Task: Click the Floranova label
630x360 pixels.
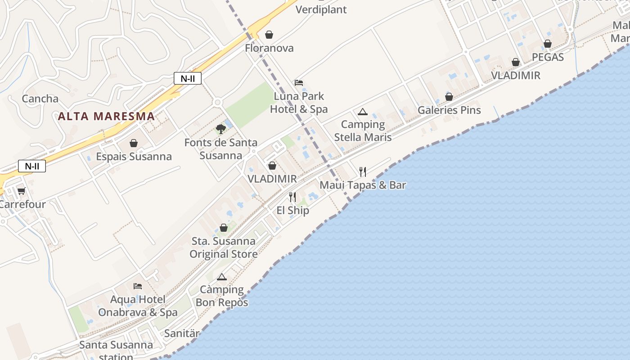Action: [x=269, y=48]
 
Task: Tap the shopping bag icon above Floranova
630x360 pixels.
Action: [x=269, y=35]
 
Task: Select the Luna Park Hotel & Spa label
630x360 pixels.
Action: [x=299, y=103]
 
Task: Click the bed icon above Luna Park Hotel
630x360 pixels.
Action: [x=299, y=83]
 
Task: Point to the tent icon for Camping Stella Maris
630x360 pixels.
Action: [x=363, y=112]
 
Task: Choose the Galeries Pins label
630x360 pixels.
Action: [x=449, y=110]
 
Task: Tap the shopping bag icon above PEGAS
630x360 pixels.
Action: [x=548, y=44]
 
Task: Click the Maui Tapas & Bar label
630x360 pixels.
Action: [x=363, y=185]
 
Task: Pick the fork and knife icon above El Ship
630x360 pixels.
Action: [x=292, y=197]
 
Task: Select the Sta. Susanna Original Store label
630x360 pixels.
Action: [x=223, y=247]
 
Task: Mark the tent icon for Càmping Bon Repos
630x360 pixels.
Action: [x=221, y=277]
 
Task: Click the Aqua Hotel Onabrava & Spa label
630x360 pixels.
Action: [x=138, y=306]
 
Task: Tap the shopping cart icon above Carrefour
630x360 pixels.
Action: [x=21, y=191]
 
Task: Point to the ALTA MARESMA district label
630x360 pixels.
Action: [x=106, y=116]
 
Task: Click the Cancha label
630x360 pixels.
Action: [x=40, y=99]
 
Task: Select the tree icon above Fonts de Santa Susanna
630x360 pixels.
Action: [x=220, y=130]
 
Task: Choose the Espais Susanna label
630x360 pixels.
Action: [x=134, y=157]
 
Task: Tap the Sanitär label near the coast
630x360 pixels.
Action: [x=182, y=333]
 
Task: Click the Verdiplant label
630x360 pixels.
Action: [x=321, y=9]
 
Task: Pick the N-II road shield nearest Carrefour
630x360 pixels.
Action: [x=32, y=166]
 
